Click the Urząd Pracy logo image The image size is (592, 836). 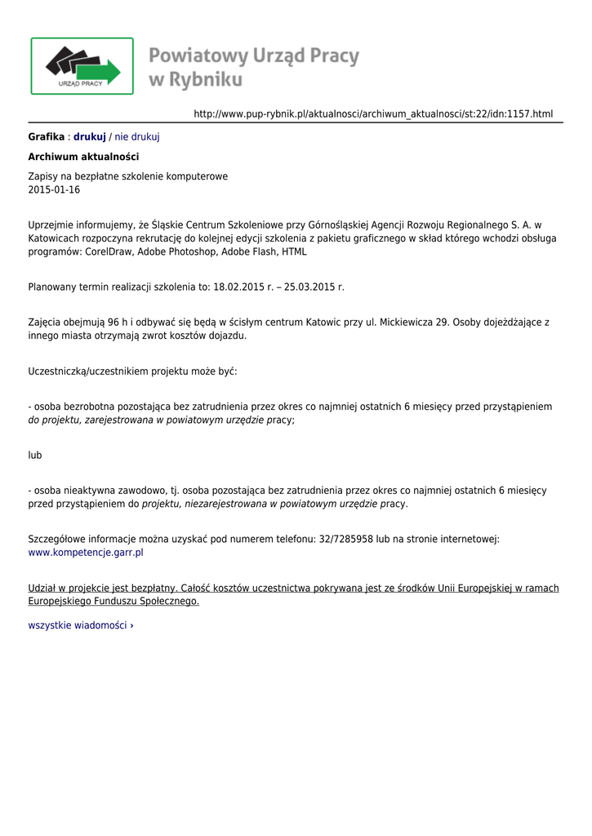[x=82, y=65]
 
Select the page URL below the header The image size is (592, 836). [x=373, y=113]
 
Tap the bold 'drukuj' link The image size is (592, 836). [x=90, y=136]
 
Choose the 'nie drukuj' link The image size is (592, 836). [x=137, y=136]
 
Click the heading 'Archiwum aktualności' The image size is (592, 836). [x=83, y=157]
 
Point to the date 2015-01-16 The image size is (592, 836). [x=54, y=190]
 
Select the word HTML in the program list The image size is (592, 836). [x=295, y=252]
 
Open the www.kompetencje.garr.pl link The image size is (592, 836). [x=86, y=553]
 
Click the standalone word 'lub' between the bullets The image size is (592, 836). [x=35, y=455]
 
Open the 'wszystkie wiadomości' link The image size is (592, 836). [x=80, y=625]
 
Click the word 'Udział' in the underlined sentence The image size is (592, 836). [x=43, y=588]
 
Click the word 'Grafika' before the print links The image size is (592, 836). [x=46, y=136]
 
